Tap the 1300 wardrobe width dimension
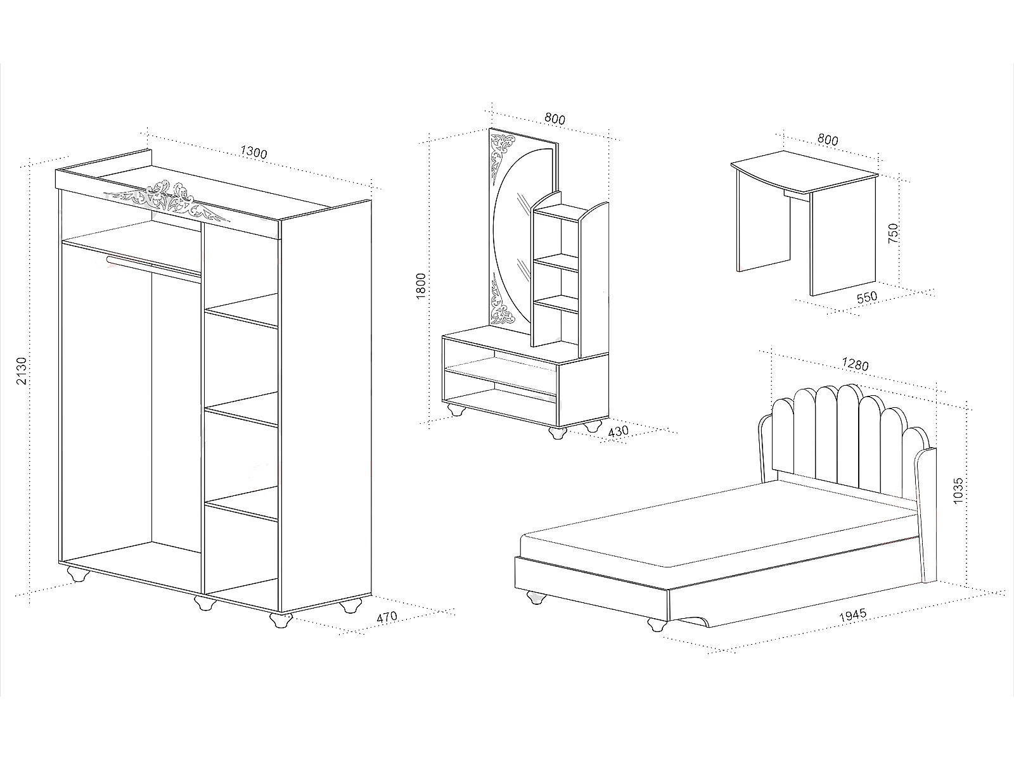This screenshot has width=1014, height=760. tap(254, 153)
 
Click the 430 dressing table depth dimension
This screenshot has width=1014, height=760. tap(617, 431)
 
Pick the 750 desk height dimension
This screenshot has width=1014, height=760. tap(893, 234)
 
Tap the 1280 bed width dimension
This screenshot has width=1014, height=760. tap(856, 365)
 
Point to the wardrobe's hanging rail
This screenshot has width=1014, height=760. tap(152, 265)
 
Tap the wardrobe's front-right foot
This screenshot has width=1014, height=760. tap(279, 619)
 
